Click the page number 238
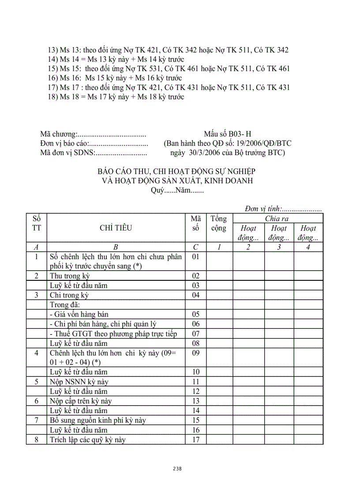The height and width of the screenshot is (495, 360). coord(177,469)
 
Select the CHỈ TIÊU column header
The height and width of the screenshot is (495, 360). coord(116,228)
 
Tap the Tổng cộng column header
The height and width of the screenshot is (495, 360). coord(219,223)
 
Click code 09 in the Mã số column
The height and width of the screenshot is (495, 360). coord(196,353)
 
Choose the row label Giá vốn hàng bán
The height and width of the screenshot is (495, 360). coord(79,314)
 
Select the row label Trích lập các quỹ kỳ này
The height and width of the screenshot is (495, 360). coord(88,439)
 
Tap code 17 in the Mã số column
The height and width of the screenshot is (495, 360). coord(196,439)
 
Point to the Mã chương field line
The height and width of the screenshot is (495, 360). coord(93,134)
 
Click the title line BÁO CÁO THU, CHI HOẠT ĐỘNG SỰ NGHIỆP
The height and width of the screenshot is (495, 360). coord(176,171)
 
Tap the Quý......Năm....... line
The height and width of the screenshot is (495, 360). coord(177,190)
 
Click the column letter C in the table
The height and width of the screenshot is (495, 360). coord(196,247)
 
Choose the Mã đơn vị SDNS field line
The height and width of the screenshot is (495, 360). coord(93,153)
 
